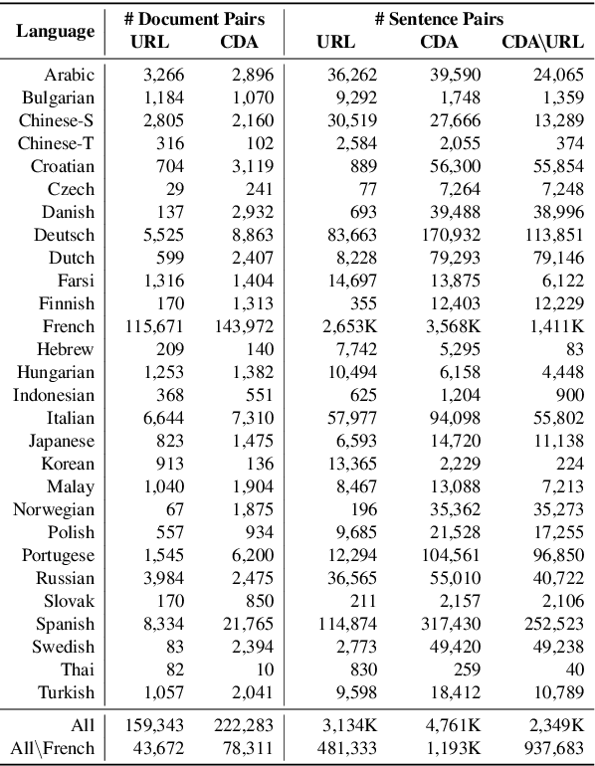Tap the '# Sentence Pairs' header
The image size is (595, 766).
pos(438,19)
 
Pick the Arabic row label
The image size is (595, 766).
pos(70,75)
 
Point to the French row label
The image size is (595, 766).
pos(69,326)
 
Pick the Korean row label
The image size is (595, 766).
pos(69,464)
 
